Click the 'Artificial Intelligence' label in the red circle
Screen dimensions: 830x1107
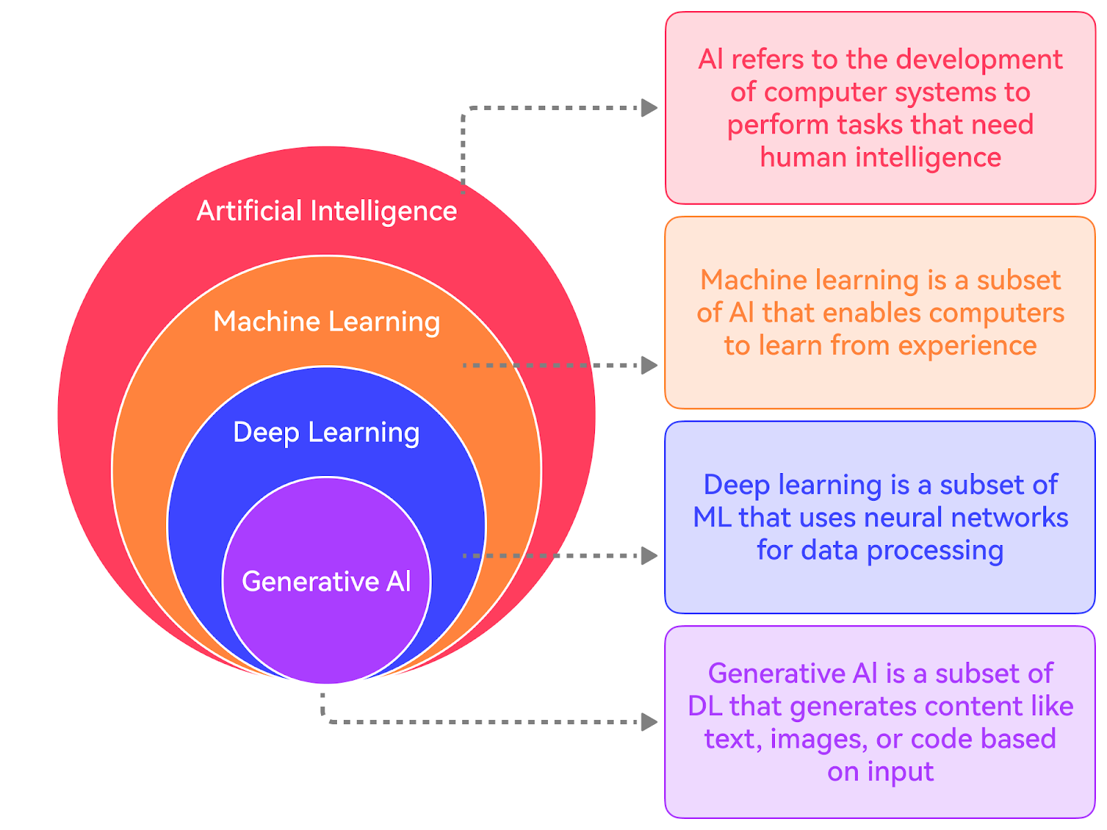tap(327, 211)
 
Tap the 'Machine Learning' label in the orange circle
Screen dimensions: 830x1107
tap(327, 322)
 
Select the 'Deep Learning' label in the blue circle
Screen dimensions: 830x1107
tap(327, 432)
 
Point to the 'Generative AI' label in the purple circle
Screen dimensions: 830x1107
tap(327, 582)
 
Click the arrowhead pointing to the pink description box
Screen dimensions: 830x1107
tap(649, 108)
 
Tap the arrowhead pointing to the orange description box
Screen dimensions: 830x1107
tap(649, 365)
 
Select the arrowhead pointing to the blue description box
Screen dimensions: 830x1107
tap(649, 555)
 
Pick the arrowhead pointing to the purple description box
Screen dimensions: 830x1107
tap(649, 722)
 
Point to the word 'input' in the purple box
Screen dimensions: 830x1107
tap(899, 771)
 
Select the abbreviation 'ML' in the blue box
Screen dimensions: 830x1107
tap(712, 517)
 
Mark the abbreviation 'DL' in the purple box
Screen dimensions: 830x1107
tap(705, 706)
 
